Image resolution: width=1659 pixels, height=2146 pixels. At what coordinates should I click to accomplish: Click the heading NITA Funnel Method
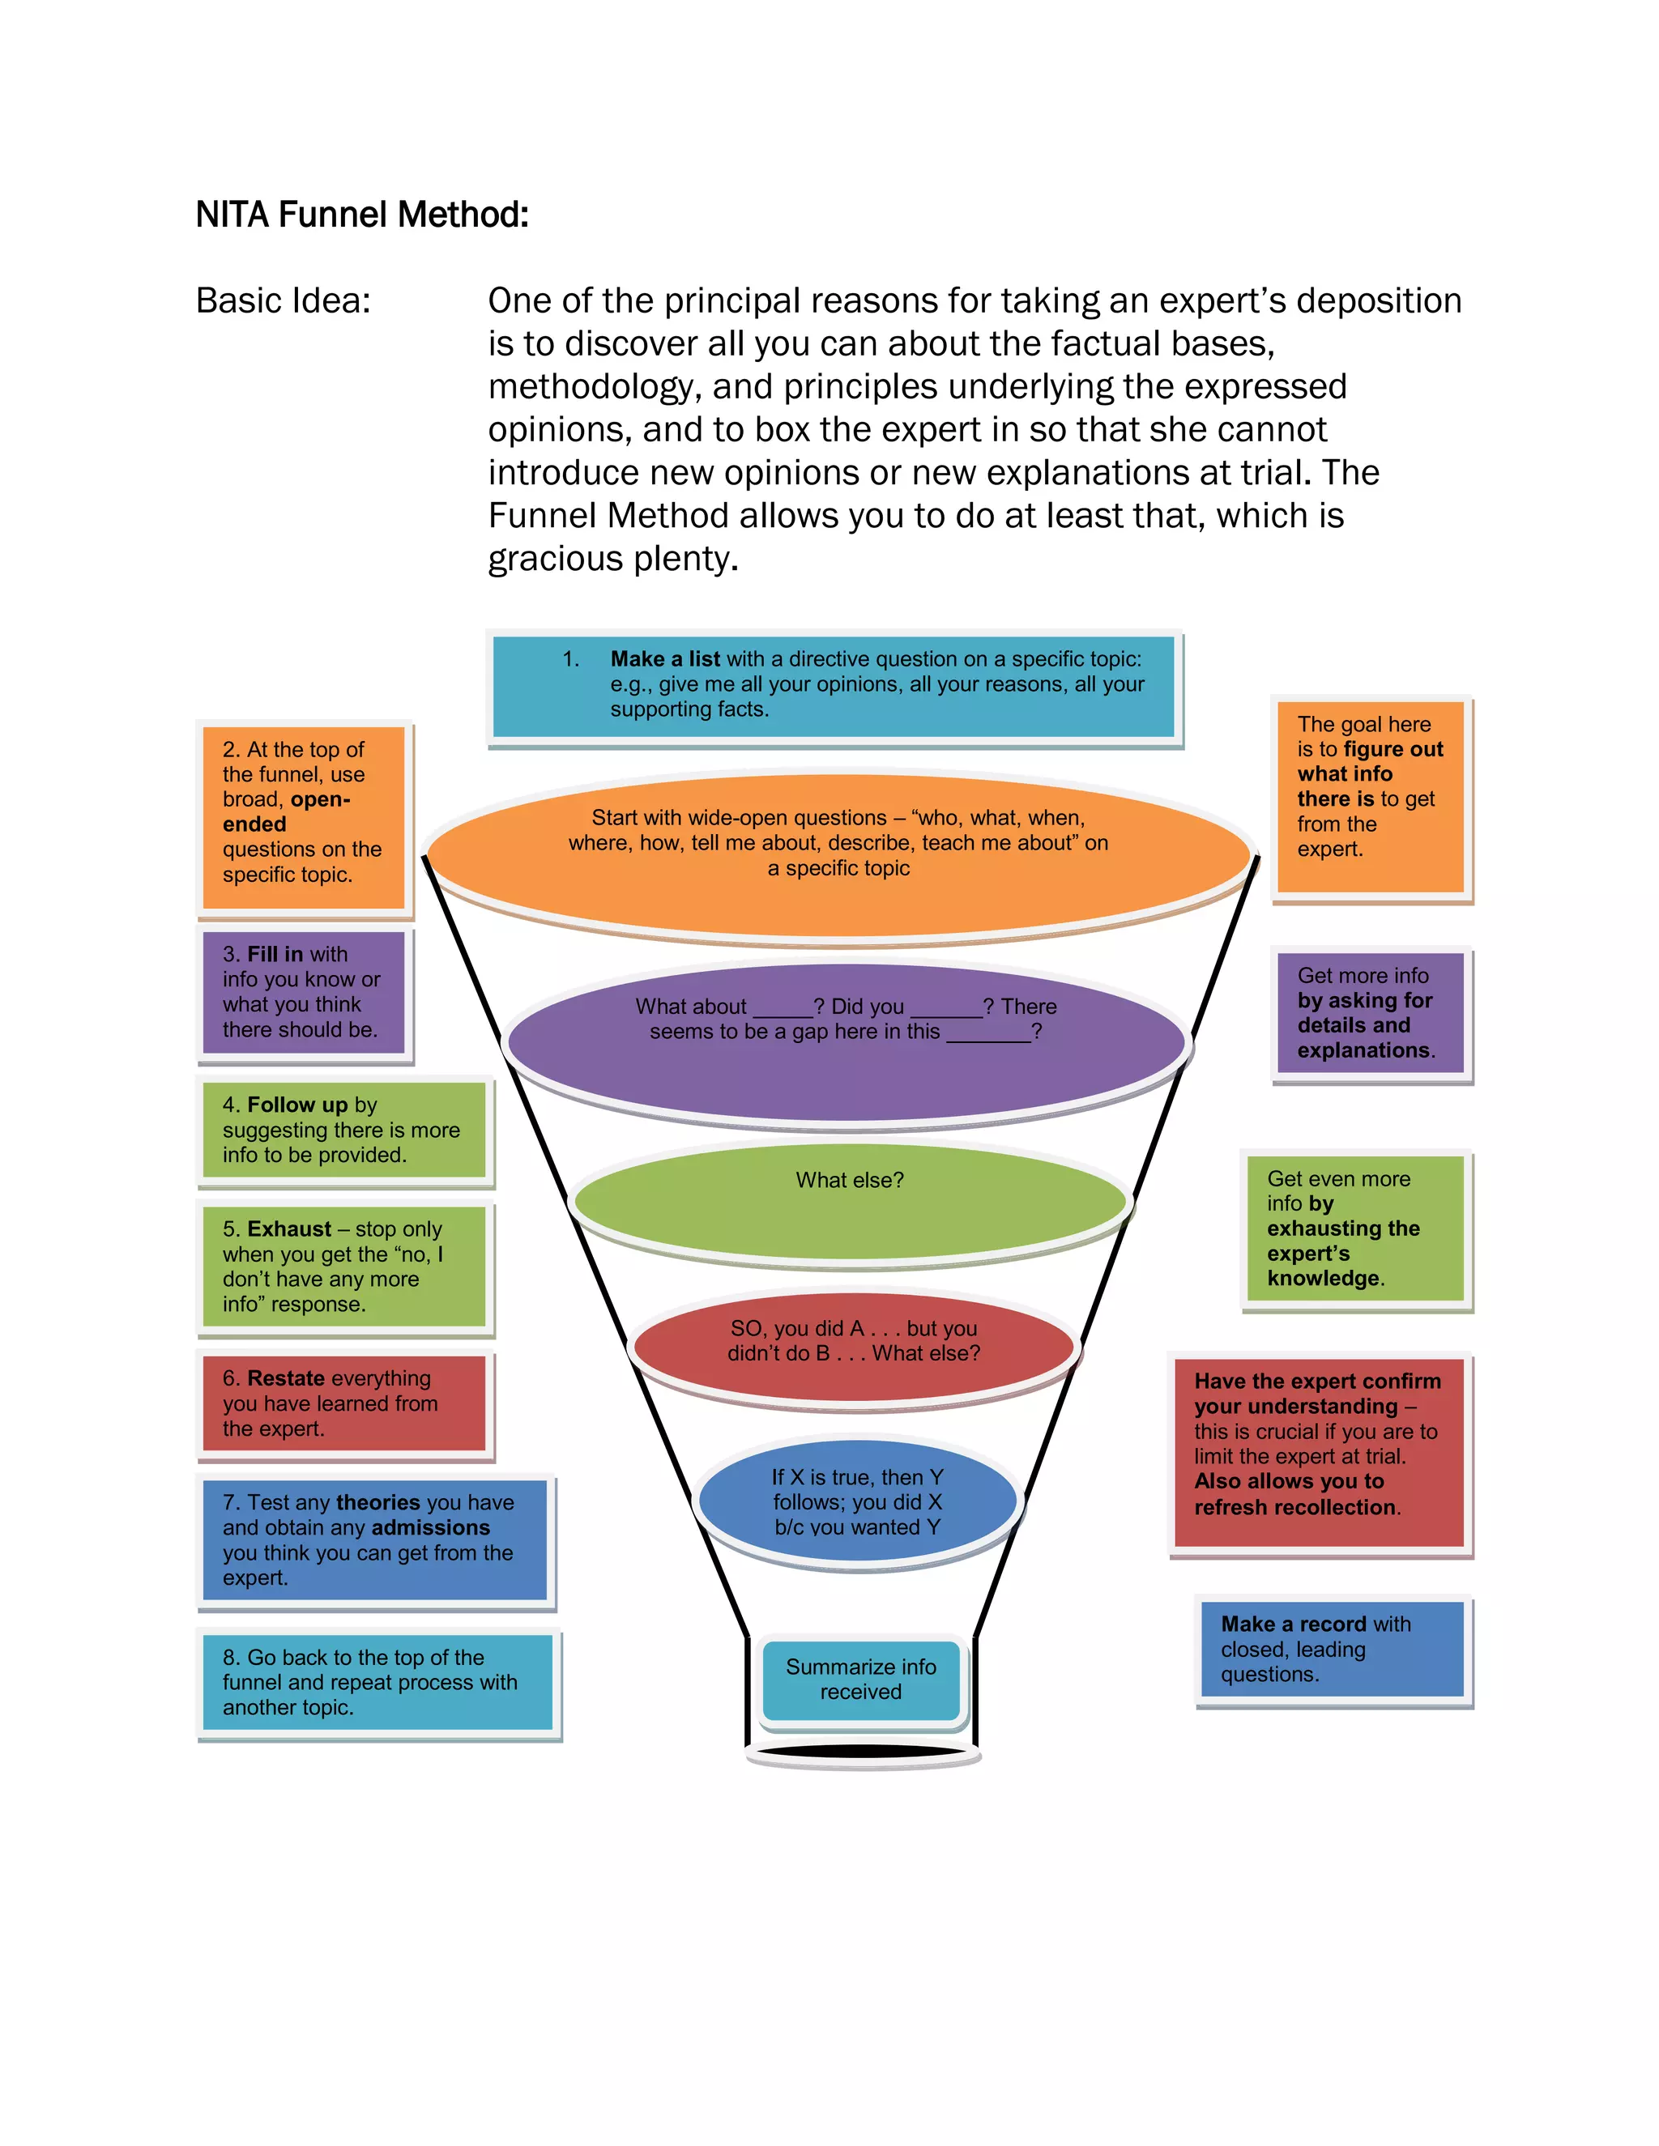tap(361, 215)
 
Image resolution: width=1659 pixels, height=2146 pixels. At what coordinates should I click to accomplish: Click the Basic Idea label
tap(283, 300)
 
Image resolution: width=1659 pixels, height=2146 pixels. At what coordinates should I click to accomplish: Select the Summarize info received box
tap(861, 1680)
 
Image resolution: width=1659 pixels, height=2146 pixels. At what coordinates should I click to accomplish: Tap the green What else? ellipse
tap(850, 1201)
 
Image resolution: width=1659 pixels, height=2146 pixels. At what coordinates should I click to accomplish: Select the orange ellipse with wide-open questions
tap(838, 853)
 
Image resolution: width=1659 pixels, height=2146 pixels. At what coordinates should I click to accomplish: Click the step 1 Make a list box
tap(834, 685)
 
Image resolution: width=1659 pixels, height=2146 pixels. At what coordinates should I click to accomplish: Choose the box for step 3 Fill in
tap(304, 993)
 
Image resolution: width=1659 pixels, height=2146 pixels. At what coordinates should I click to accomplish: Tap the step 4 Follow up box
tap(344, 1130)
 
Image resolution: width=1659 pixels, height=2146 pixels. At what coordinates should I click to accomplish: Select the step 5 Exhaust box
tap(344, 1267)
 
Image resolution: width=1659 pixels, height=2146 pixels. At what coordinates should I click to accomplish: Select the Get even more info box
tap(1355, 1228)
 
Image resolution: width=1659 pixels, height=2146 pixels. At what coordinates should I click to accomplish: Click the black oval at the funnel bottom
tap(861, 1751)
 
